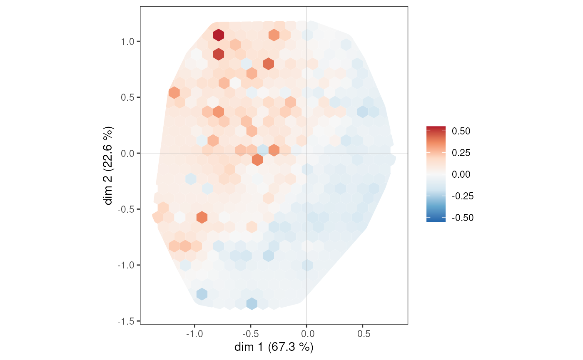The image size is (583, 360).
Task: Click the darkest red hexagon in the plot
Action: click(219, 35)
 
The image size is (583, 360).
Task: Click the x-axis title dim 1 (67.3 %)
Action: click(274, 347)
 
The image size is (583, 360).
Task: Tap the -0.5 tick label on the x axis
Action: click(250, 334)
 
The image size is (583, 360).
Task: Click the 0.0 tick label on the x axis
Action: click(307, 334)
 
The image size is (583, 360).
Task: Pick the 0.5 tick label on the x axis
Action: click(363, 334)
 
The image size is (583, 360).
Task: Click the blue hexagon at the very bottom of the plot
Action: click(252, 303)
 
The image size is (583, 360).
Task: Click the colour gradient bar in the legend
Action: click(436, 174)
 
